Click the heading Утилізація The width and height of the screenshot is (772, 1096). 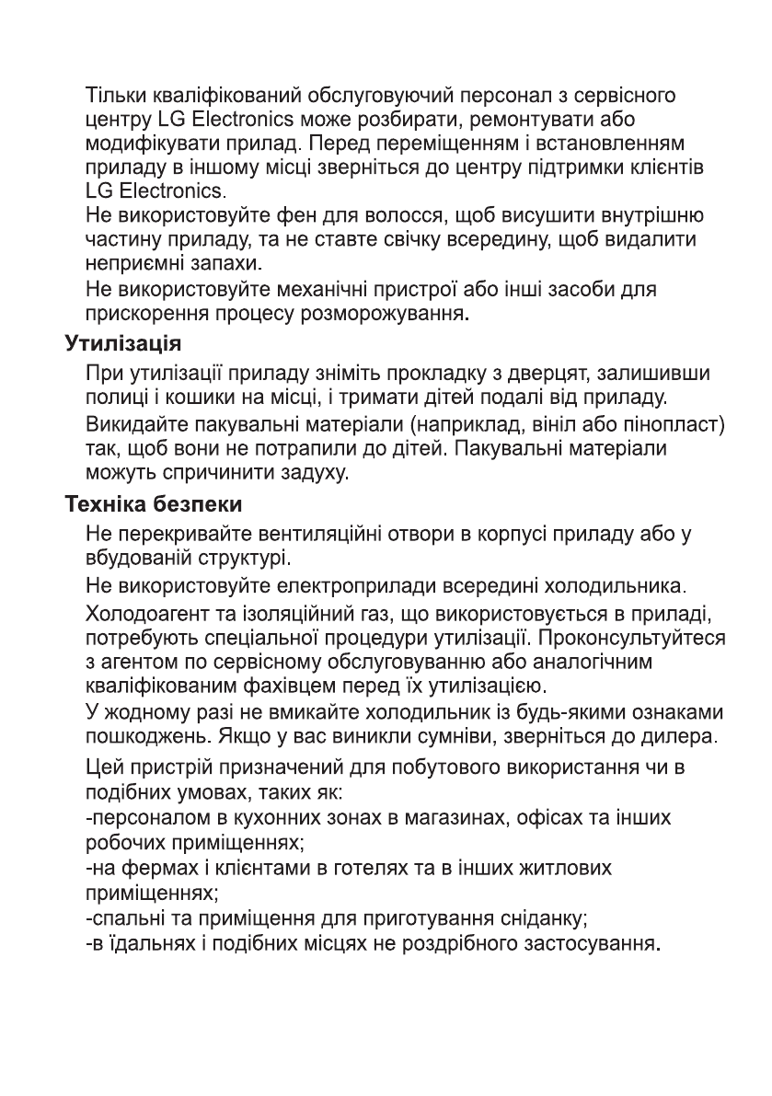click(122, 346)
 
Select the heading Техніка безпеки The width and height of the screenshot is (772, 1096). click(154, 505)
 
